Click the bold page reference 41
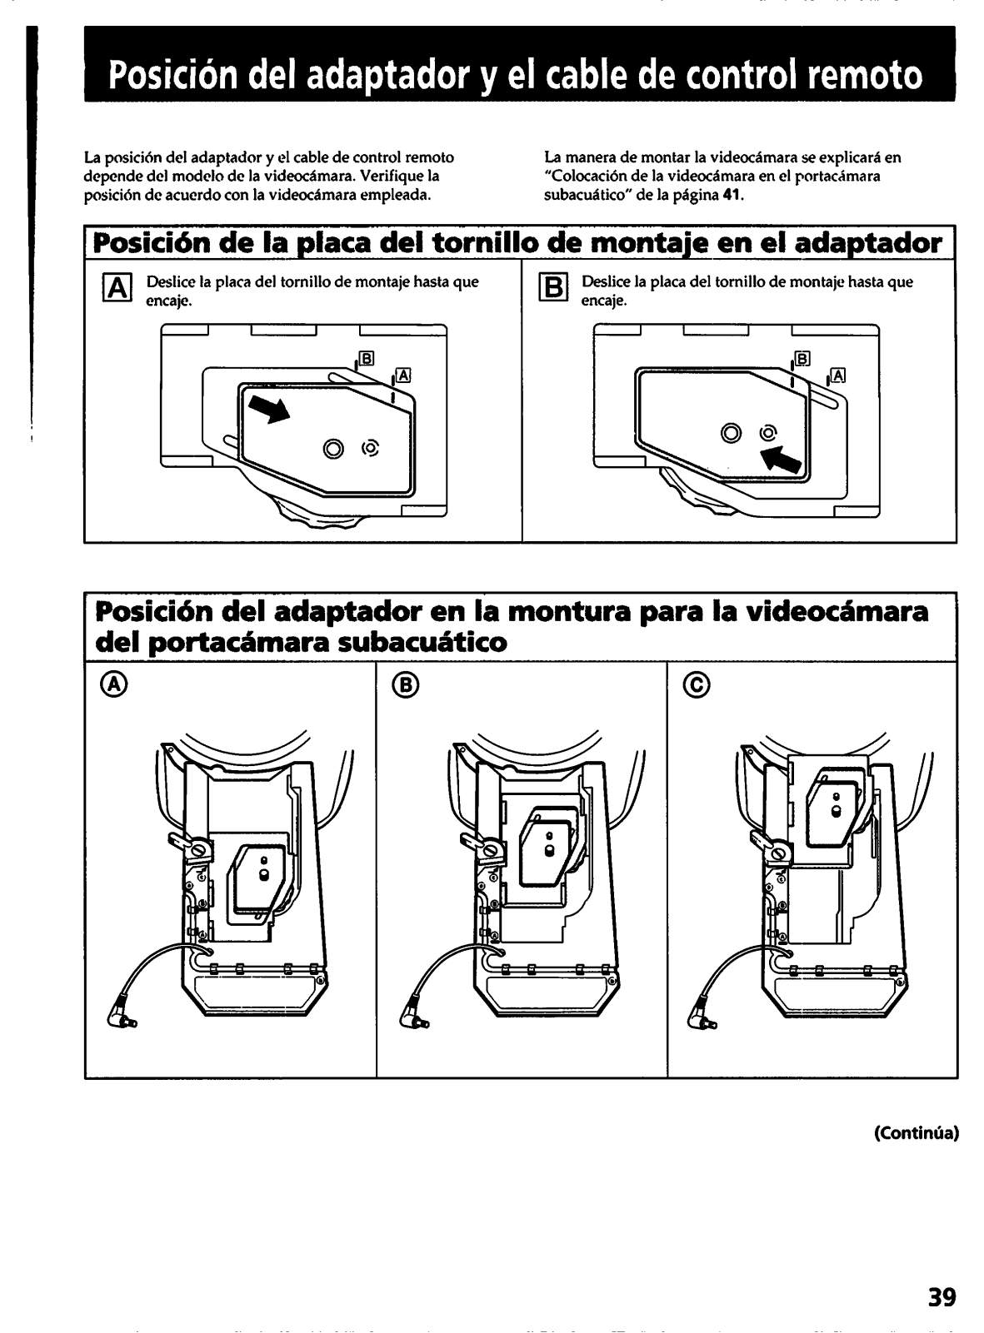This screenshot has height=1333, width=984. click(x=732, y=195)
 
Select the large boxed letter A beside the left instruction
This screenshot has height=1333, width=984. click(x=117, y=289)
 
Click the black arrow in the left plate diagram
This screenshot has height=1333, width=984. click(x=268, y=410)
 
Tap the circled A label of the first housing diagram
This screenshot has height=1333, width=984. click(x=116, y=685)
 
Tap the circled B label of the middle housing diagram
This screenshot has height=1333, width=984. click(x=407, y=685)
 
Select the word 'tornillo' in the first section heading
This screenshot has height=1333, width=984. click(x=486, y=243)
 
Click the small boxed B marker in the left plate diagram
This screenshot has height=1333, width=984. click(x=367, y=358)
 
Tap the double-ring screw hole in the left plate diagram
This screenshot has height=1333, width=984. click(x=333, y=447)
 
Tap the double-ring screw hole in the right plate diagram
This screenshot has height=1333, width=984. click(x=731, y=433)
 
